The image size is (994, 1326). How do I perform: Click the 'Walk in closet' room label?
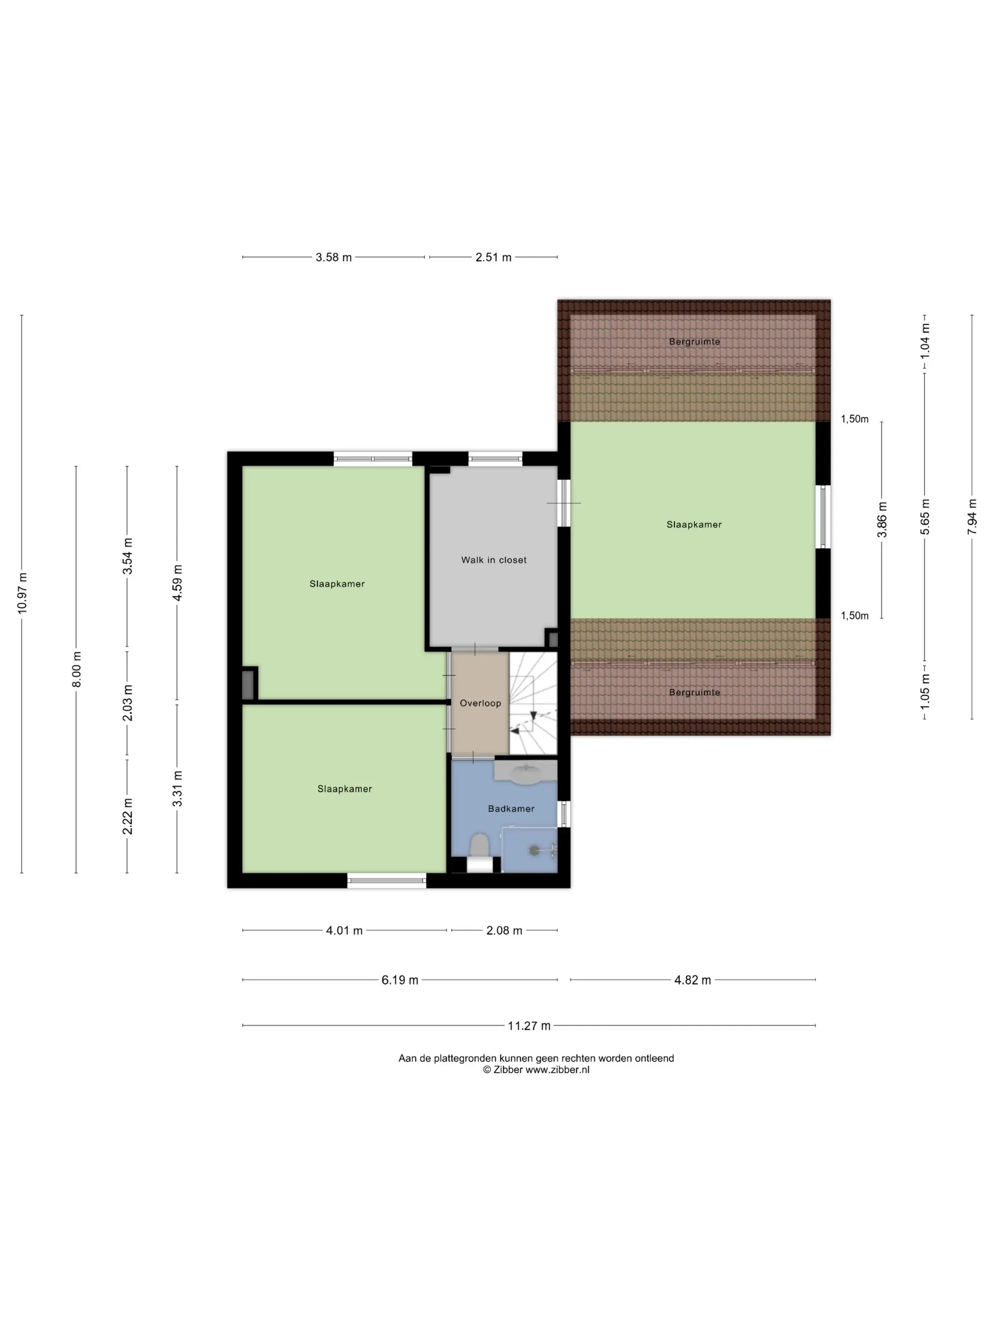(x=494, y=560)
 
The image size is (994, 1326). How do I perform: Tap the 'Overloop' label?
(x=480, y=703)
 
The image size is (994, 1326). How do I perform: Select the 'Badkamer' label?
(x=511, y=809)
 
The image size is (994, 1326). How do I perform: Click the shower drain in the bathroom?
(x=534, y=850)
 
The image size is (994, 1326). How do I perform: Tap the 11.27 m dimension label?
(x=529, y=1026)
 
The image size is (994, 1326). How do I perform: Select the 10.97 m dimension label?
(x=22, y=593)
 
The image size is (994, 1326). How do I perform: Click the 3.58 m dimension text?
(x=334, y=257)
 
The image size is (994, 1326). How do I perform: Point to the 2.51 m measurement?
(x=493, y=257)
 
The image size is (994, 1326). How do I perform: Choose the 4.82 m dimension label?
(x=692, y=980)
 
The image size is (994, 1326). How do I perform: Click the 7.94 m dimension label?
(x=972, y=517)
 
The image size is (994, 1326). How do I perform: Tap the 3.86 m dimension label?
(x=882, y=520)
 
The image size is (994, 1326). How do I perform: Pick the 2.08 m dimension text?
(x=504, y=931)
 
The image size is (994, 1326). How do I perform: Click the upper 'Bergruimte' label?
(x=694, y=342)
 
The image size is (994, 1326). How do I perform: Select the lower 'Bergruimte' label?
(x=694, y=692)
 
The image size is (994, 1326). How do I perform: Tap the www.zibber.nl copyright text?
(x=536, y=1069)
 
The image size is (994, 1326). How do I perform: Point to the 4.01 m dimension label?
(x=344, y=931)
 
